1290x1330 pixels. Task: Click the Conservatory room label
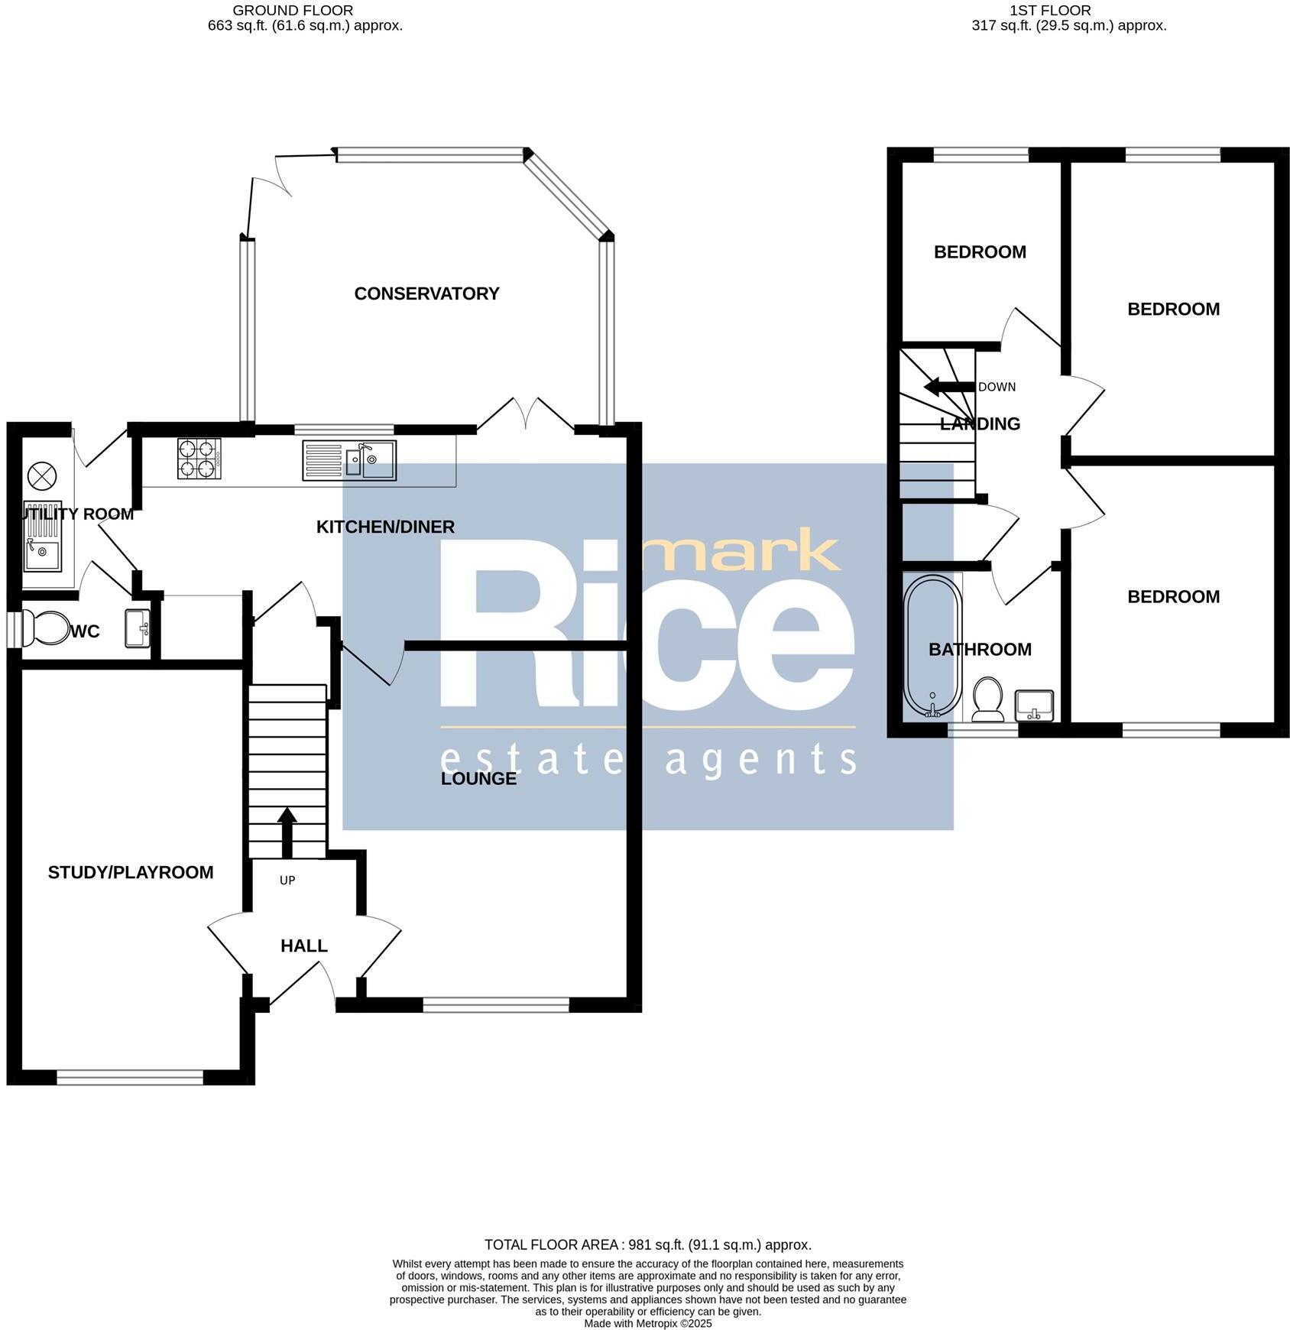pyautogui.click(x=426, y=294)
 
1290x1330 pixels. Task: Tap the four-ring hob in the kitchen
pyautogui.click(x=199, y=459)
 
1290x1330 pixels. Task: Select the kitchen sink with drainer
pyautogui.click(x=349, y=460)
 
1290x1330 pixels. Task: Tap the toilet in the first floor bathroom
pyautogui.click(x=988, y=699)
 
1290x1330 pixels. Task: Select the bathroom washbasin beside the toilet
pyautogui.click(x=1035, y=704)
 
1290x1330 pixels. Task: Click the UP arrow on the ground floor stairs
pyautogui.click(x=287, y=833)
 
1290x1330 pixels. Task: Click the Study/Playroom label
pyautogui.click(x=131, y=872)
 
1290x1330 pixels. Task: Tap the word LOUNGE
pyautogui.click(x=479, y=778)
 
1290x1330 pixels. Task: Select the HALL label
pyautogui.click(x=304, y=946)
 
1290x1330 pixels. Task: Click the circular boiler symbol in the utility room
pyautogui.click(x=42, y=476)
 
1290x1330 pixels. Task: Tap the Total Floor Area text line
pyautogui.click(x=647, y=1245)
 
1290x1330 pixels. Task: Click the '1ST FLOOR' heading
pyautogui.click(x=1050, y=11)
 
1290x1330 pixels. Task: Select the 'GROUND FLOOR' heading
pyautogui.click(x=293, y=11)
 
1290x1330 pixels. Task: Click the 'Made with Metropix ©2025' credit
pyautogui.click(x=647, y=1323)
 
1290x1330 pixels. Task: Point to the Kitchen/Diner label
pyautogui.click(x=385, y=527)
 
